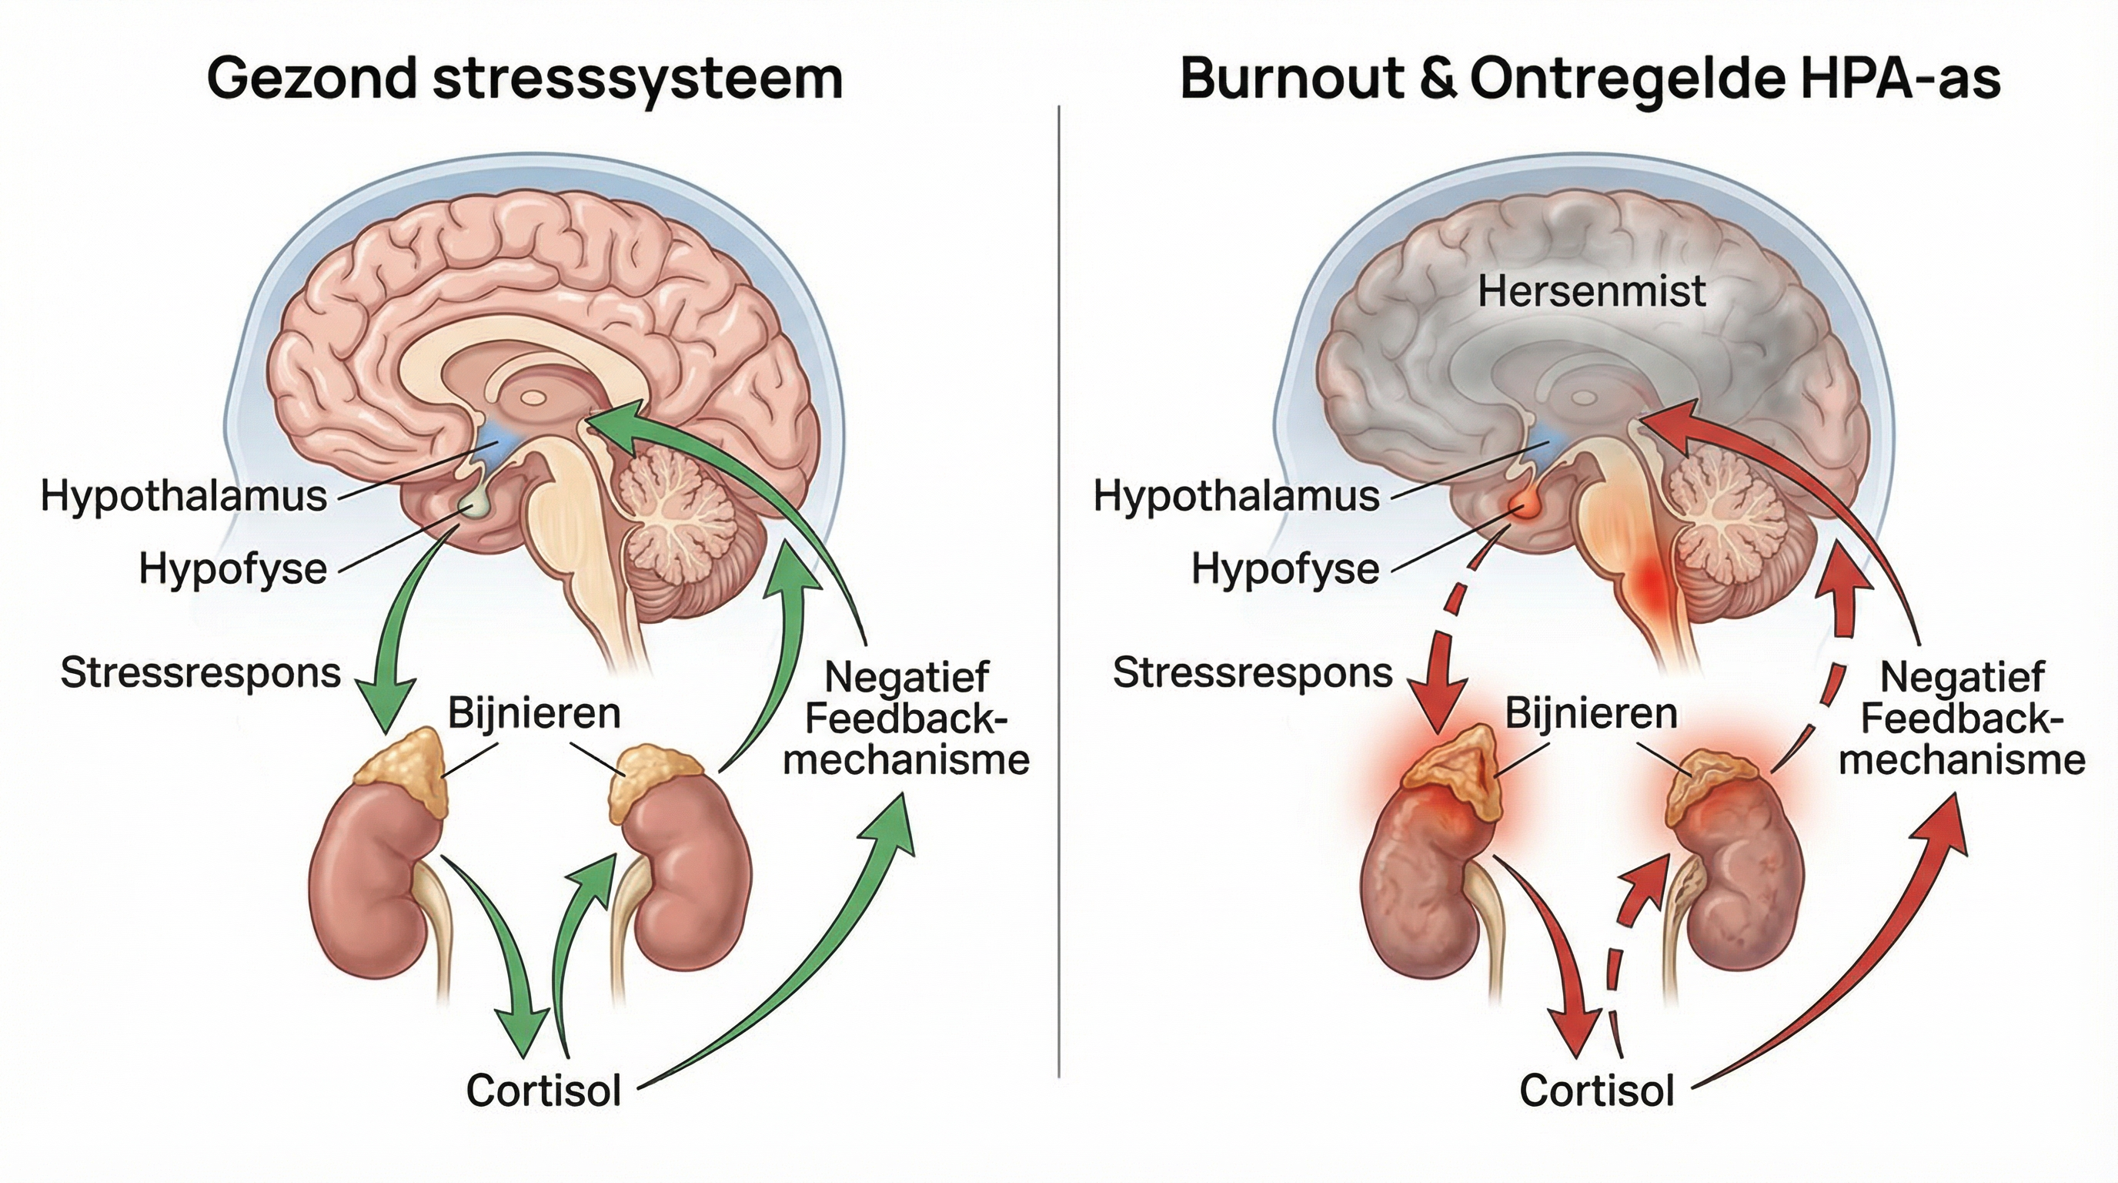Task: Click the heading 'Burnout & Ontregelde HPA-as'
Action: point(1590,79)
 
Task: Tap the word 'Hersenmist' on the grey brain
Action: point(1592,291)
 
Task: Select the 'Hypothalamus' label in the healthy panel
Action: point(184,497)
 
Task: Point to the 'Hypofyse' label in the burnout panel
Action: point(1285,568)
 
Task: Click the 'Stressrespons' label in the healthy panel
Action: point(201,673)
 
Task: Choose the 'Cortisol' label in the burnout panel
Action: point(1597,1091)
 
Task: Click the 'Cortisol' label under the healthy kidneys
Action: point(543,1091)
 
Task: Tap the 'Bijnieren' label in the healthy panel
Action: point(533,712)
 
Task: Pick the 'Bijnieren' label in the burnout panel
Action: point(1591,712)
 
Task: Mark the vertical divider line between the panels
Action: point(1059,590)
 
